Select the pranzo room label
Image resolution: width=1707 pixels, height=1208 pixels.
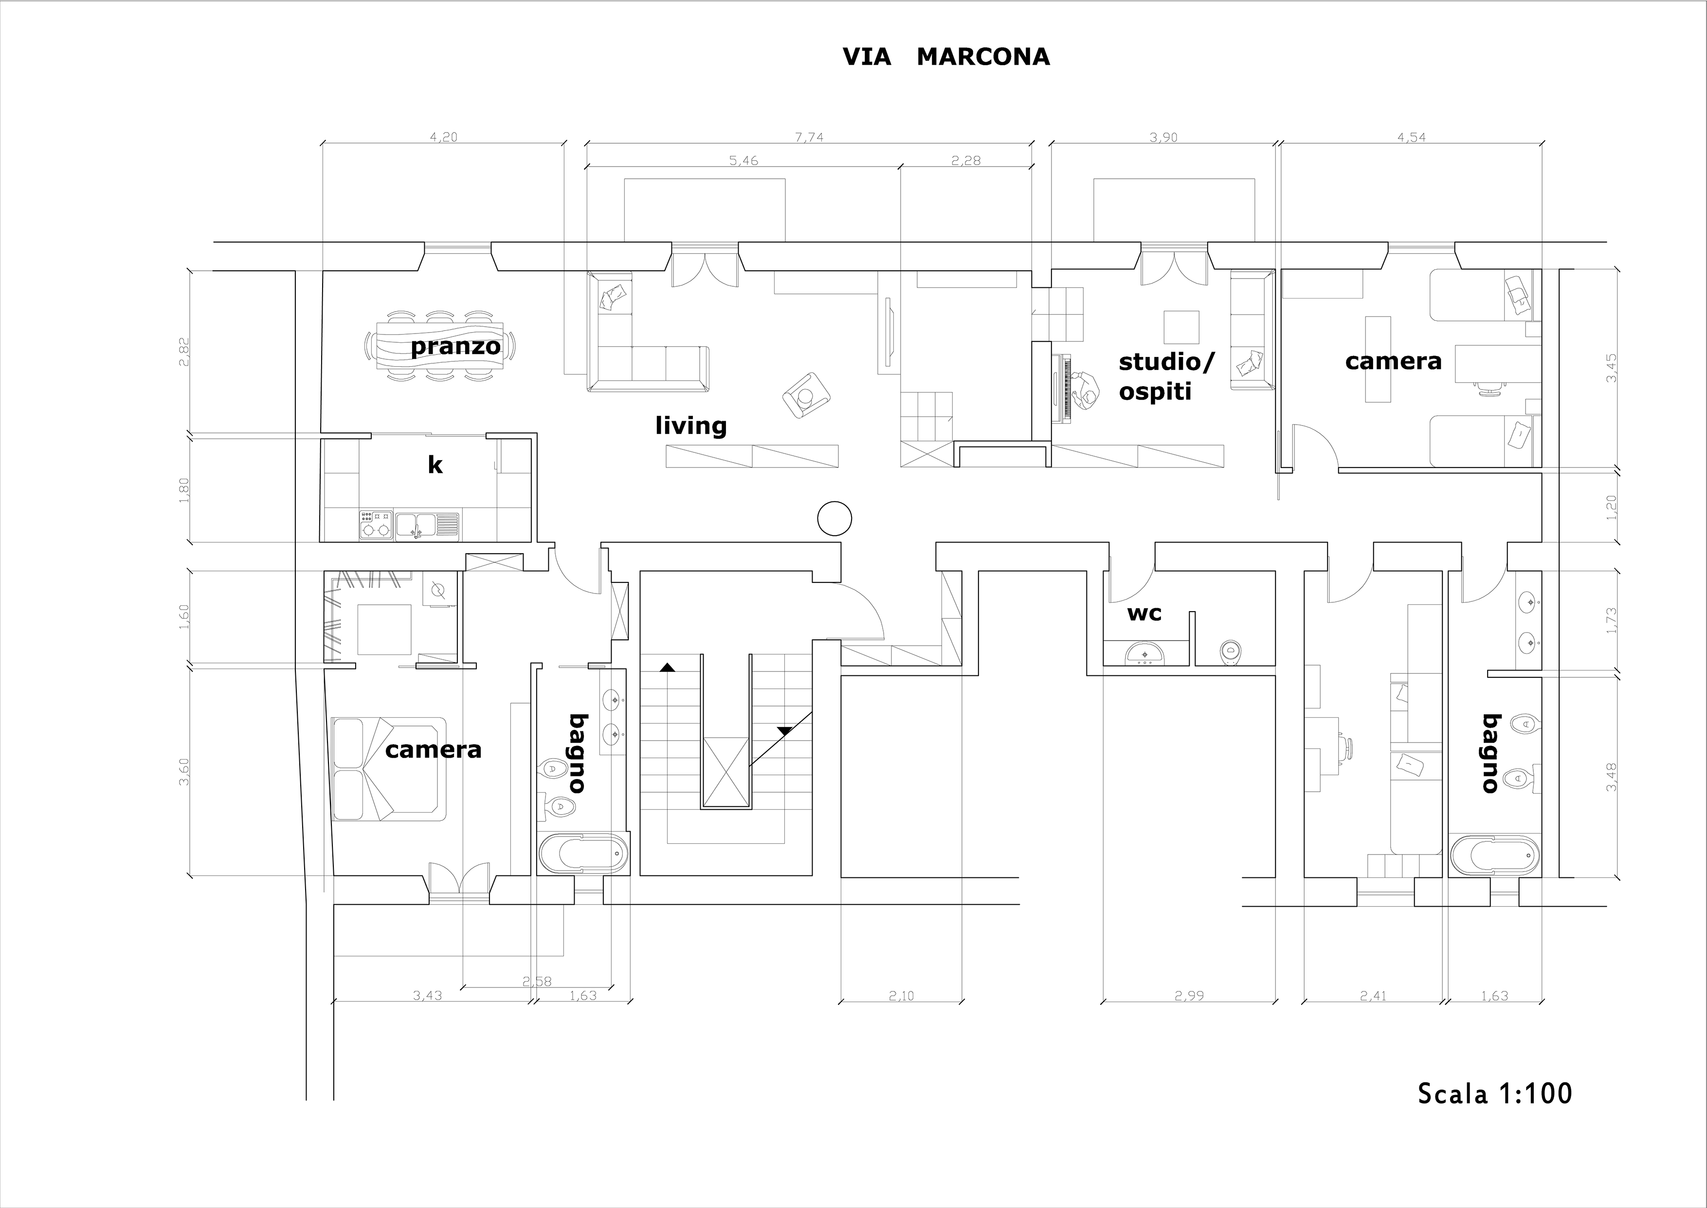pyautogui.click(x=455, y=347)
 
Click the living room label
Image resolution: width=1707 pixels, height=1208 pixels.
pyautogui.click(x=690, y=426)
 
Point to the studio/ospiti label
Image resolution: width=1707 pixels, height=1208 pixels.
pyautogui.click(x=1166, y=376)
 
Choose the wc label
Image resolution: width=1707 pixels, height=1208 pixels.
pyautogui.click(x=1144, y=613)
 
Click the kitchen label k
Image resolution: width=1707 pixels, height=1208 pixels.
pyautogui.click(x=435, y=465)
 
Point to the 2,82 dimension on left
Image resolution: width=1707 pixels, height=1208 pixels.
pyautogui.click(x=184, y=352)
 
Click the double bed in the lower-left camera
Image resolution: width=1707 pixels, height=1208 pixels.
pyautogui.click(x=389, y=768)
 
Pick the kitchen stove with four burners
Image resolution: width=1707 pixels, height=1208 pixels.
pyautogui.click(x=376, y=524)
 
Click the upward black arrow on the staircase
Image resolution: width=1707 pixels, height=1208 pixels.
pyautogui.click(x=667, y=667)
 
